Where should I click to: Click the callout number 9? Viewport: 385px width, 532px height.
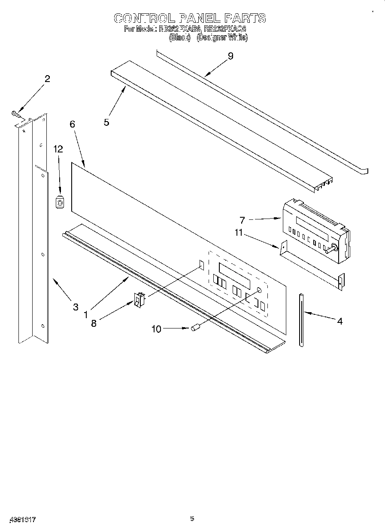230,56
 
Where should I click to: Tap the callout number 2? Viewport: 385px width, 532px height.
47,79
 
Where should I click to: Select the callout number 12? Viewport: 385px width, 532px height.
58,149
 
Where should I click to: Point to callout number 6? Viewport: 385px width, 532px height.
72,124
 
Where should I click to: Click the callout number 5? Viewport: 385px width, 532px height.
106,122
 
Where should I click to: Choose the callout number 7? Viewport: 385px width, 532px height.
242,220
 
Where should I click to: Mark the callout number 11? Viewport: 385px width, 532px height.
238,233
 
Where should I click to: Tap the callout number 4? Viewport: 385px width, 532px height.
340,321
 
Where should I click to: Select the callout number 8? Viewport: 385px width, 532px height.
94,324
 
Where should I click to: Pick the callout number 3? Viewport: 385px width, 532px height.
76,307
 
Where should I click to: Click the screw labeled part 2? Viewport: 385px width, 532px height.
15,113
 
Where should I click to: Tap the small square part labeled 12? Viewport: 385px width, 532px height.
60,202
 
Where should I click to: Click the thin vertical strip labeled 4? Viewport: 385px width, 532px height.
301,319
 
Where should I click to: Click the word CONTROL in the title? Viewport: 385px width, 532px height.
144,18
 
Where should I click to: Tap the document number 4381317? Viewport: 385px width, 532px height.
21,519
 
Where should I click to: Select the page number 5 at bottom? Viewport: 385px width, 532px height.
192,518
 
